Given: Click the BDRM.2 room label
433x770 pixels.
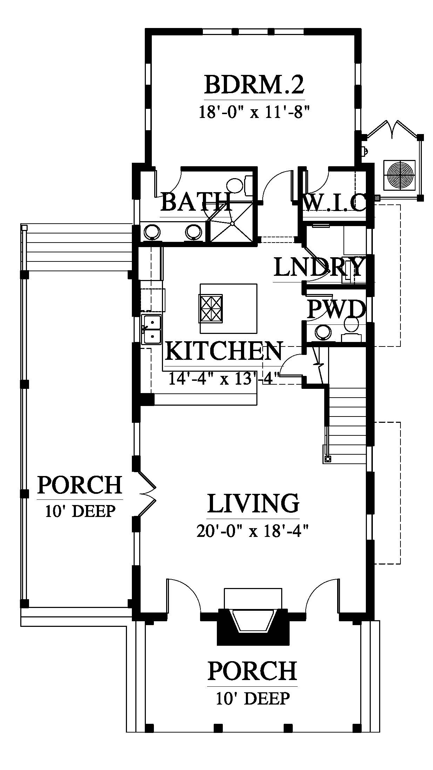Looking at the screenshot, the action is point(254,85).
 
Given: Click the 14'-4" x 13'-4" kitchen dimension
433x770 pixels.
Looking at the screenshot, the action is point(224,378).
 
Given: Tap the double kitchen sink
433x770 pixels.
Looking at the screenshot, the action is point(151,329).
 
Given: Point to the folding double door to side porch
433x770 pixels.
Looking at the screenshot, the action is point(147,494).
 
